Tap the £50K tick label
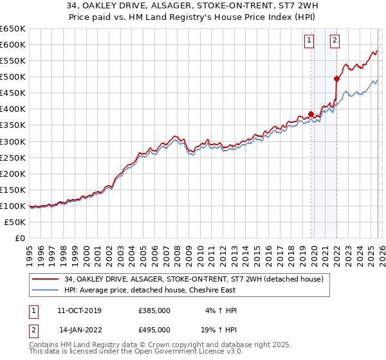tap(15, 222)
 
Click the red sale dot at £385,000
tap(311, 114)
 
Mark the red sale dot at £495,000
tap(336, 78)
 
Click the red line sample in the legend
tap(46, 278)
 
